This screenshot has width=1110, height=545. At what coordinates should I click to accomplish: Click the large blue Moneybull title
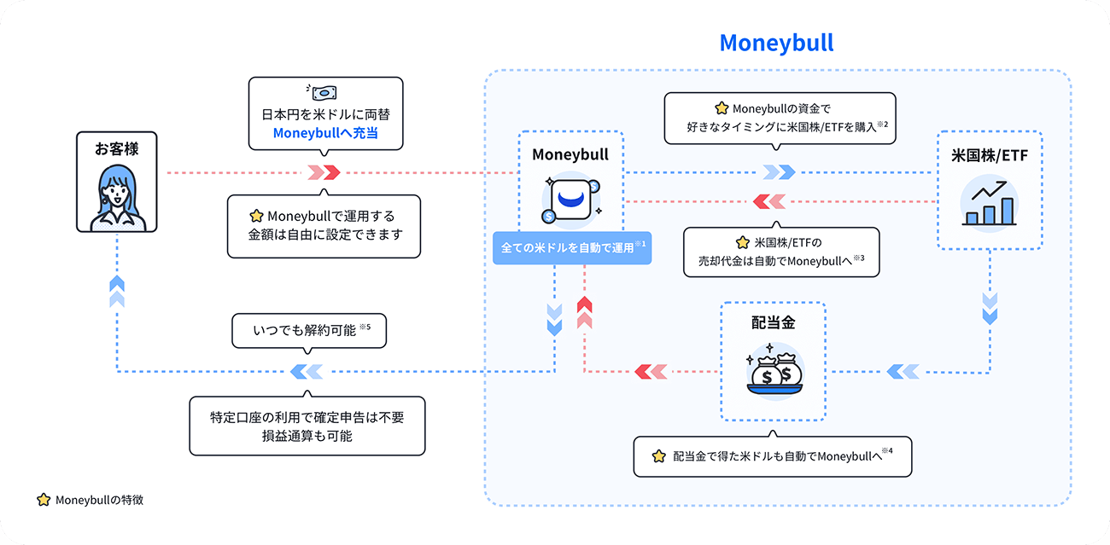776,43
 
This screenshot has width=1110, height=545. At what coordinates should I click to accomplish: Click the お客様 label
117,148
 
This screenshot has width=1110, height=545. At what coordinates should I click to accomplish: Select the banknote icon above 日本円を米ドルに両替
324,93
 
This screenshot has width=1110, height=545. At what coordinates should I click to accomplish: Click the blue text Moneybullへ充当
324,134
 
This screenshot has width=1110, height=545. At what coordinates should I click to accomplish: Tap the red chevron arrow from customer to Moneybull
324,172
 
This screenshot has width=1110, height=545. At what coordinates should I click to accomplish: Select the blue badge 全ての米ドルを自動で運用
572,247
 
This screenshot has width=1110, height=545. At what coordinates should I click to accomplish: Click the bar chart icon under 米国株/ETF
989,204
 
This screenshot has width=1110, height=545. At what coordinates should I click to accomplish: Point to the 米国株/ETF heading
989,155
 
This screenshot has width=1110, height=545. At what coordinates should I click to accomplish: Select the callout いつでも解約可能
309,330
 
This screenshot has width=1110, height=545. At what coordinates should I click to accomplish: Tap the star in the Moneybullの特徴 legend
43,500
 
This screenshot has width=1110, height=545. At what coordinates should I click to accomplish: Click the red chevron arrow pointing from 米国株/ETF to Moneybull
769,202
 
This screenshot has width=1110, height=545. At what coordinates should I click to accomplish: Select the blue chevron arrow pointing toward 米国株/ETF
779,172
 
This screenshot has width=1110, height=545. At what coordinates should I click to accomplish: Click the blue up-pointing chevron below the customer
117,292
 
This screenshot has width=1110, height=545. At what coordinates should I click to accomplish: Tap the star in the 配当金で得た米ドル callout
657,456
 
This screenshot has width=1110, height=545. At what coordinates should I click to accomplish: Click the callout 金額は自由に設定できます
324,225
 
